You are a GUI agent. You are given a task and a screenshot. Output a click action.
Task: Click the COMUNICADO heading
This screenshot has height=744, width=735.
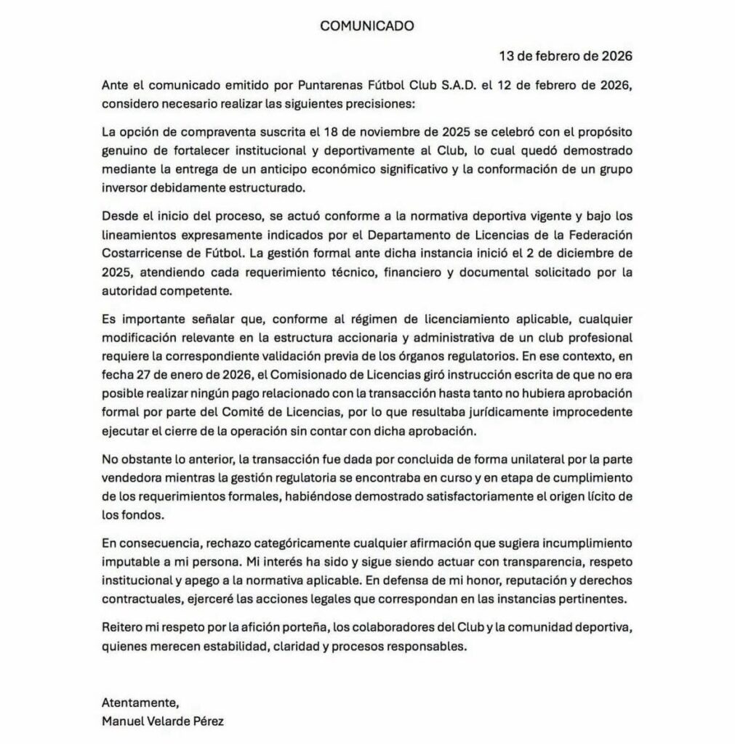pos(367,25)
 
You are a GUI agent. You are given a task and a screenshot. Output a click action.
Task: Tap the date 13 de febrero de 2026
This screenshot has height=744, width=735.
pos(566,56)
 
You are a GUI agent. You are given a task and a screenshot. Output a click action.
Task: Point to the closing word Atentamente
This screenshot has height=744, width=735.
pos(140,703)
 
